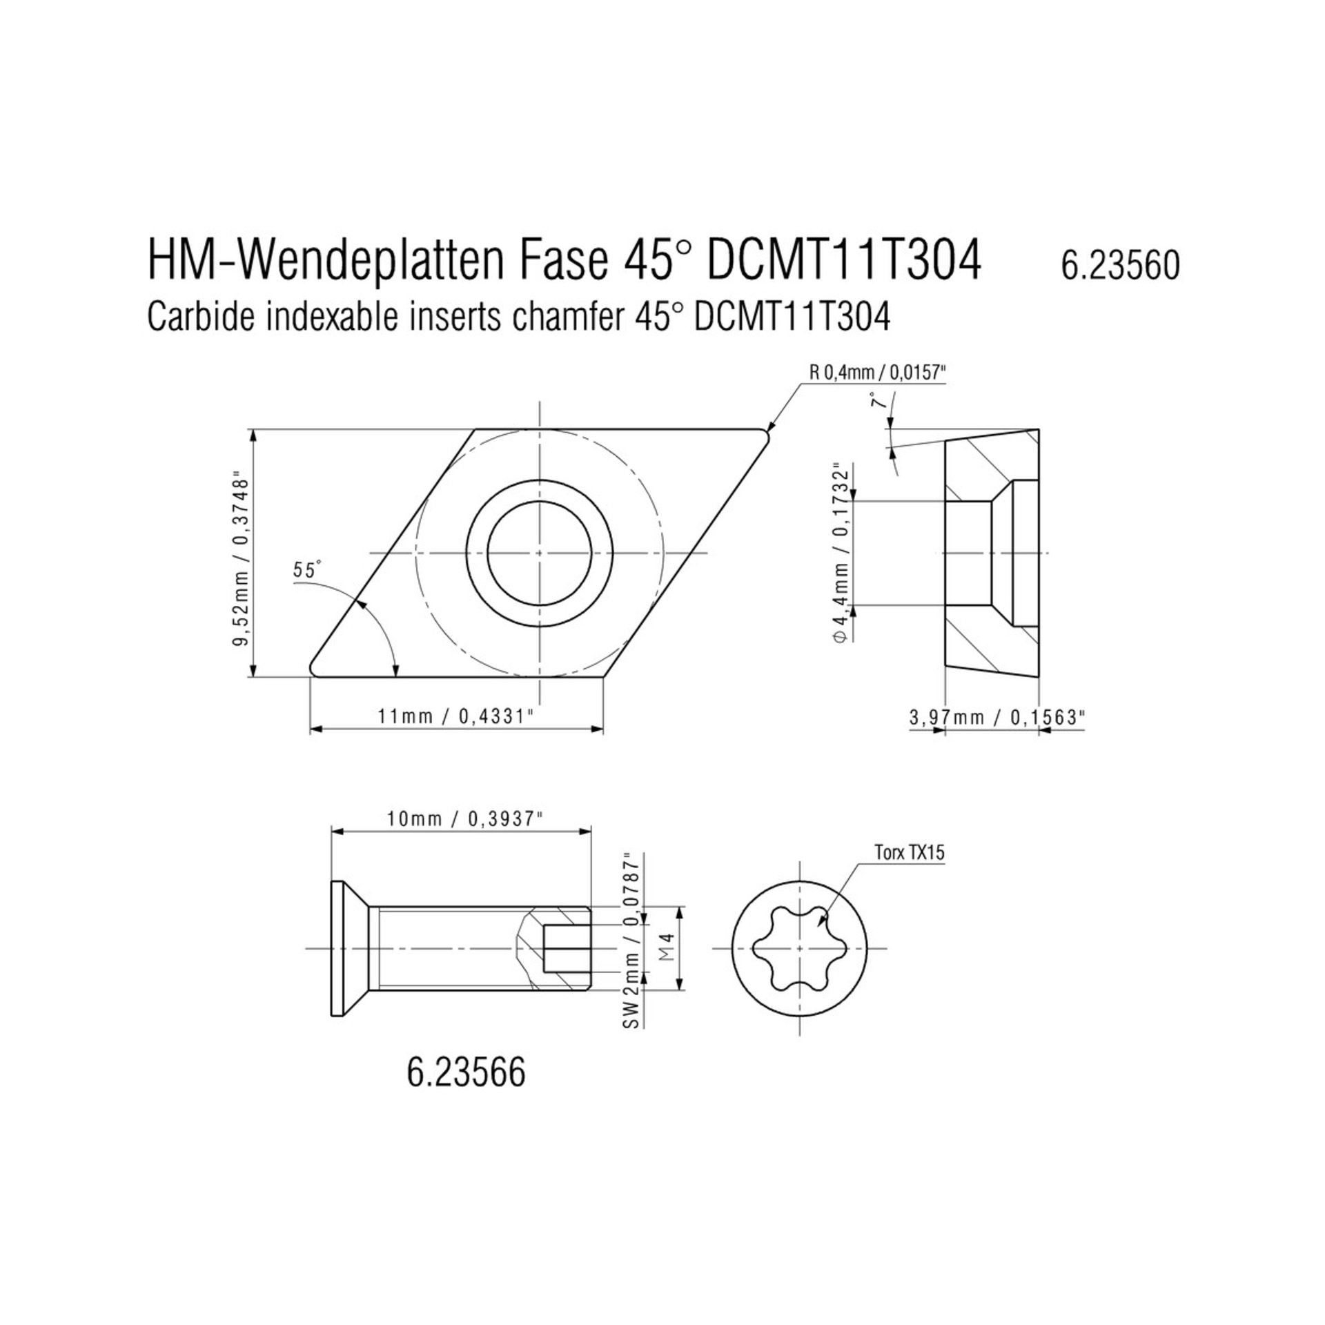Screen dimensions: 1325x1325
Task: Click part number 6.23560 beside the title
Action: pos(1120,266)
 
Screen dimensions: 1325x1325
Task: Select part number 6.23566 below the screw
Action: pos(466,1073)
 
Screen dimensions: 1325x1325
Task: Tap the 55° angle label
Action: pos(307,570)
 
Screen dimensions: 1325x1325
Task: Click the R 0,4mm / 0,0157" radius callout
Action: pos(876,373)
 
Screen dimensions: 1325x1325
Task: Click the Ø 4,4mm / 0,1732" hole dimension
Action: pos(840,553)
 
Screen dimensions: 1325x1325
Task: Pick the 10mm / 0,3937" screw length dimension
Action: pos(461,819)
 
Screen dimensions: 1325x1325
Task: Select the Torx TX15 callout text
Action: pos(909,852)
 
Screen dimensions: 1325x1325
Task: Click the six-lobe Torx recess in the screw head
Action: pos(798,949)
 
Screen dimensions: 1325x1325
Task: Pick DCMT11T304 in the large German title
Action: pos(844,262)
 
